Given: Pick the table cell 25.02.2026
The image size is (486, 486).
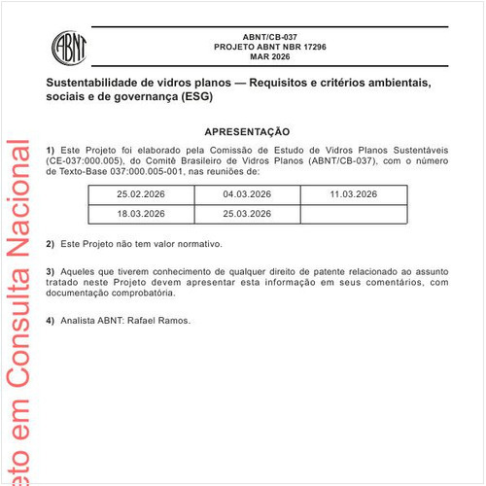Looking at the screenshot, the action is point(141,195).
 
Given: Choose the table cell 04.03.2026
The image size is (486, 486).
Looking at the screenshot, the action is point(247,195).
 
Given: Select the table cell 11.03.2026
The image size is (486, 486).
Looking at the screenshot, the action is point(353,195).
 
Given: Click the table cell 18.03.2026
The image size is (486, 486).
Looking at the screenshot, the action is point(141,213).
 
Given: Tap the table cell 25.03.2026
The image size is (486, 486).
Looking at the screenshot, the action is point(247,213).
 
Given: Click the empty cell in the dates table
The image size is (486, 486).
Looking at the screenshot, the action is point(353,213).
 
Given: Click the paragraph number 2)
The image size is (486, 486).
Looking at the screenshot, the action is point(51,244).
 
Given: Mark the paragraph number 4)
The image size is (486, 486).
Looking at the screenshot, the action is point(51,320).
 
